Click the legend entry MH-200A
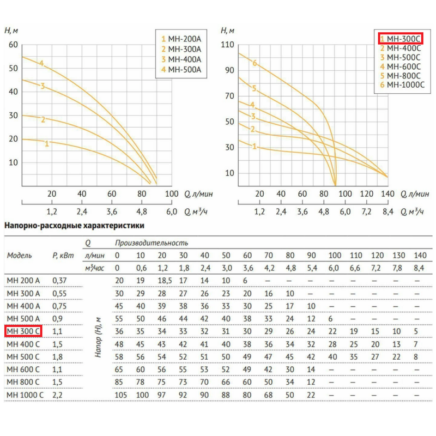coord(184,39)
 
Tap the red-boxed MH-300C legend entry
coord(400,39)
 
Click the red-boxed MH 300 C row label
coord(23,331)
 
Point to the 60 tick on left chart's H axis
coord(14,45)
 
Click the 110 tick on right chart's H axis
coord(228,45)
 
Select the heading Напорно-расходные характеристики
coord(75,225)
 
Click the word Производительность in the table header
coord(150,243)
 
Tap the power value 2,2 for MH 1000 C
coord(58,395)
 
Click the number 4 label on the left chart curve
coord(41,63)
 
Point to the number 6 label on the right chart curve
coord(255,63)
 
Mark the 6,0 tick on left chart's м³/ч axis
coord(171,211)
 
